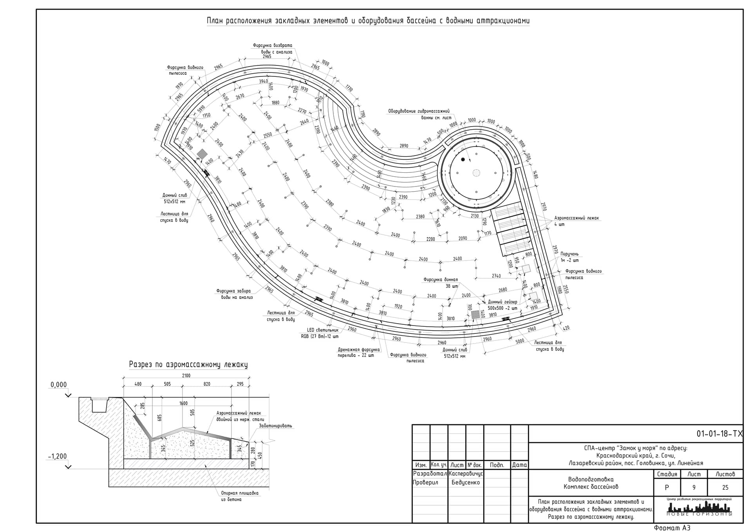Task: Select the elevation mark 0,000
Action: click(x=58, y=385)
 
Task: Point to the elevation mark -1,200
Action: click(x=58, y=456)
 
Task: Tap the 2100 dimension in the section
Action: click(x=186, y=376)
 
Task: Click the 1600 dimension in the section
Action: click(x=183, y=403)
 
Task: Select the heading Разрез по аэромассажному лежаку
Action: click(x=188, y=365)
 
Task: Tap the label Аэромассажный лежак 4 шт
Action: click(x=576, y=221)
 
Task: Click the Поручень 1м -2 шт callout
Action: click(x=569, y=257)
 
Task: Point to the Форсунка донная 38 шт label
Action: click(x=441, y=283)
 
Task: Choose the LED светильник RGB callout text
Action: click(x=320, y=333)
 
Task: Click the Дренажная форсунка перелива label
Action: click(x=359, y=352)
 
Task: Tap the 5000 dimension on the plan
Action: click(x=519, y=341)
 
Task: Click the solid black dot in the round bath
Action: click(x=463, y=159)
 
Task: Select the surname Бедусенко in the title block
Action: click(x=465, y=482)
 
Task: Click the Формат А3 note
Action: click(x=672, y=528)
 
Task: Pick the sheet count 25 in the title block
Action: click(x=725, y=488)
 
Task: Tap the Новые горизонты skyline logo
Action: click(x=699, y=508)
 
